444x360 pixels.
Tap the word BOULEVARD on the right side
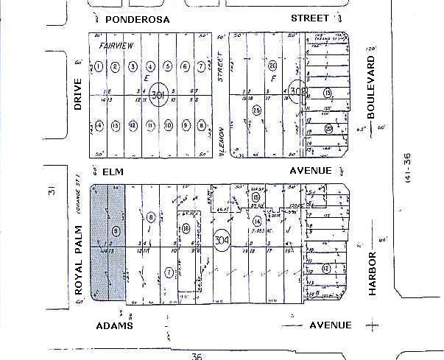(x=370, y=87)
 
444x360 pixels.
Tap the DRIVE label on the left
(x=78, y=96)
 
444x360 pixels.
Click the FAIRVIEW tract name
(x=115, y=46)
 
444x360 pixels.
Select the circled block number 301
(x=158, y=96)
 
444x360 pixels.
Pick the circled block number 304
(x=221, y=241)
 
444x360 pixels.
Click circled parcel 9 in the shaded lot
(x=116, y=231)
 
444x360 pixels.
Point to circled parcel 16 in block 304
(x=186, y=228)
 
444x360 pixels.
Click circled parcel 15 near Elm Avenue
(x=256, y=198)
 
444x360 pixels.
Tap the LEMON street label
(x=221, y=140)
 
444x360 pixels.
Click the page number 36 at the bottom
(x=195, y=356)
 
